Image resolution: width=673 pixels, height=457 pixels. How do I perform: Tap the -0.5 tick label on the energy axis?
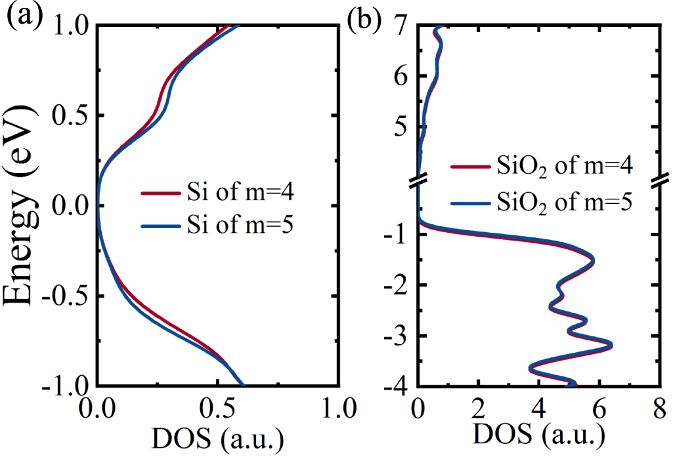coord(64,296)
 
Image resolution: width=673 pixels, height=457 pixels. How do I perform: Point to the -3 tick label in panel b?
coord(398,336)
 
